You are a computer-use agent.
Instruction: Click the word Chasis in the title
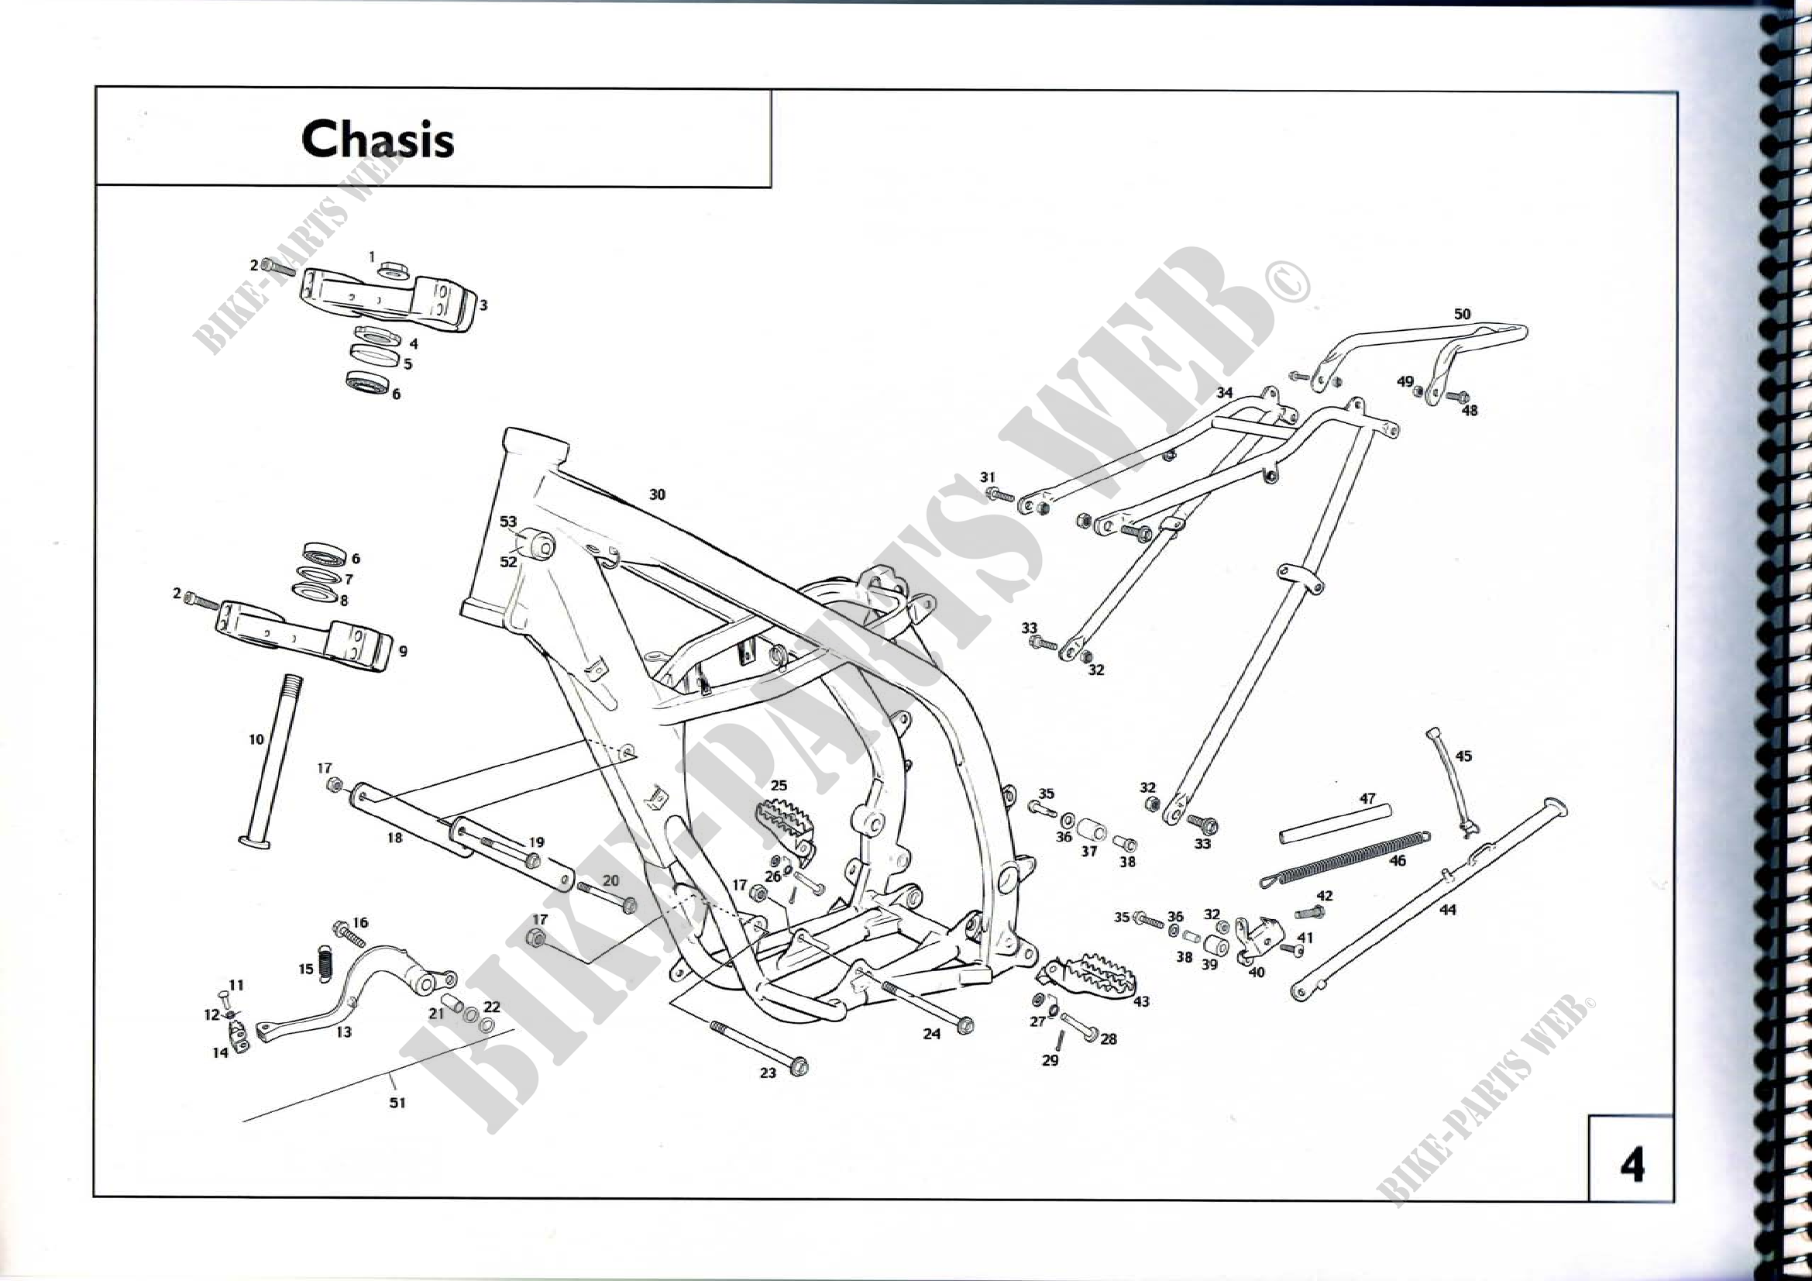point(377,139)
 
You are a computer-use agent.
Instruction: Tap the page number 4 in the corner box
point(1631,1164)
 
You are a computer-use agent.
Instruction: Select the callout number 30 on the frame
point(657,495)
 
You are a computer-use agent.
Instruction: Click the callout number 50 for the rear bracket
point(1463,314)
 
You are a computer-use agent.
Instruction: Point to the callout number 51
point(397,1102)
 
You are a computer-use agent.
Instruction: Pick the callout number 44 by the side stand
point(1447,910)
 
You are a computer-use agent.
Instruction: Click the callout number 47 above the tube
point(1367,799)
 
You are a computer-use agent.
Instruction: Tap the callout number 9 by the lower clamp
point(404,651)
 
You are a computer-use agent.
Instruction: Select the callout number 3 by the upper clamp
point(483,305)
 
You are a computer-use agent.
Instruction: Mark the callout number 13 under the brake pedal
point(344,1031)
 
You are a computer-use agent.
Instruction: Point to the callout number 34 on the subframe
point(1224,392)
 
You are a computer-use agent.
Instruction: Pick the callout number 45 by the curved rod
point(1463,756)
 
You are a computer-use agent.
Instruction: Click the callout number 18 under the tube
point(394,838)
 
